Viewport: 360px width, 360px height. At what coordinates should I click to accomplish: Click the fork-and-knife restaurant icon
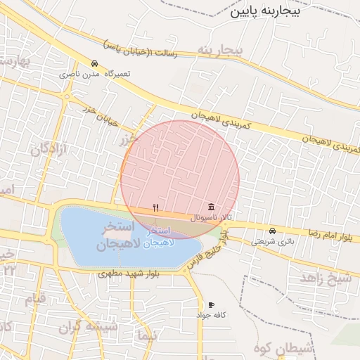[x=155, y=207]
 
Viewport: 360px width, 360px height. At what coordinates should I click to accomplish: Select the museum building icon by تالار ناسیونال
[x=211, y=207]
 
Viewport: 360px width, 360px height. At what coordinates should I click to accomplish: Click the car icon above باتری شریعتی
[x=272, y=231]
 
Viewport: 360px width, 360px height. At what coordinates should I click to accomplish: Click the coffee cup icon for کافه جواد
[x=211, y=305]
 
